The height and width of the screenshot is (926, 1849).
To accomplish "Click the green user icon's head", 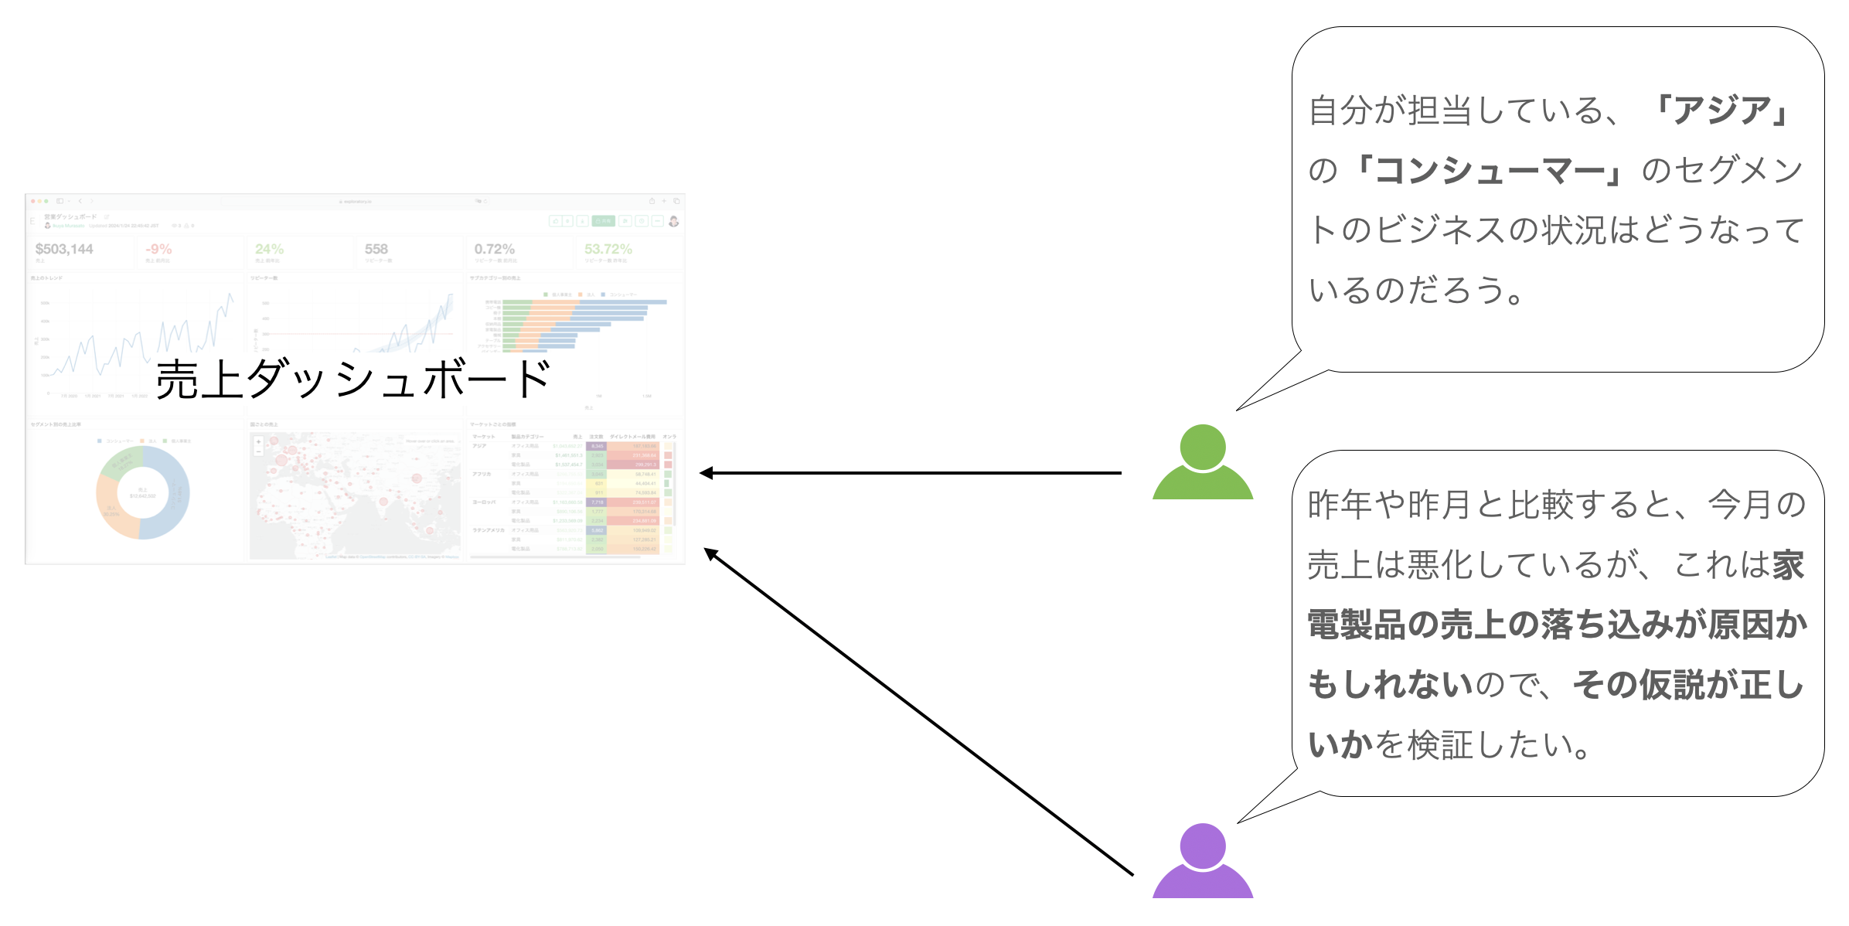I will [x=1202, y=446].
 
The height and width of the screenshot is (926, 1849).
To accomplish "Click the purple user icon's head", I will [x=1202, y=845].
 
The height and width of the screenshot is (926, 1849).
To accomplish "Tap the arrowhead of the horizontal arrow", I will [x=705, y=473].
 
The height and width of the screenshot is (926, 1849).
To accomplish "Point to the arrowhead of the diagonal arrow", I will [x=710, y=553].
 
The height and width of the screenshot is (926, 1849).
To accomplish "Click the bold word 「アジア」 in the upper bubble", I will [x=1722, y=111].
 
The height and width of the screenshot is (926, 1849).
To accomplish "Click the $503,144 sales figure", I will [x=64, y=249].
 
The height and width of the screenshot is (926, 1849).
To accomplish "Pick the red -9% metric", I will [x=158, y=249].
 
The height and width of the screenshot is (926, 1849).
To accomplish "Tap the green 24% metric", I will [x=269, y=249].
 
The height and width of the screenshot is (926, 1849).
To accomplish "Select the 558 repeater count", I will [x=376, y=249].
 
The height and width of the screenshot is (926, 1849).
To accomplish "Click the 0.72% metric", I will [x=494, y=249].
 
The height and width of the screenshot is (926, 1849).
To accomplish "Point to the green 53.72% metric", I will [x=608, y=249].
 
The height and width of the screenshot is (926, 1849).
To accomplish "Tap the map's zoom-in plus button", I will [x=258, y=442].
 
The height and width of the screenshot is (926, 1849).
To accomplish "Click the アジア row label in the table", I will [x=480, y=446].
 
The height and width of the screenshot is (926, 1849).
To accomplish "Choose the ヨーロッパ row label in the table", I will [x=484, y=502].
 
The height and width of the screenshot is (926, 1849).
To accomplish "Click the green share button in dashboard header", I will [x=603, y=221].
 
